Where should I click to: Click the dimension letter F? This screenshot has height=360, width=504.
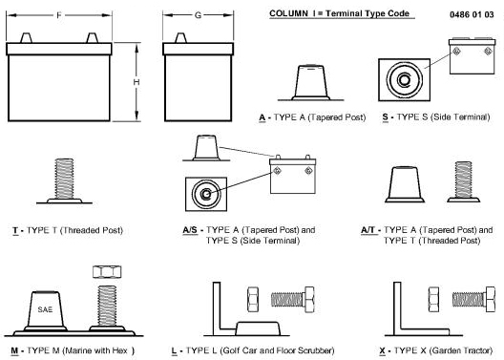tap(59, 15)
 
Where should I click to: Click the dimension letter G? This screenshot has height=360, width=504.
tap(198, 15)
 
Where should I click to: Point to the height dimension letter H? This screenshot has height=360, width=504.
tap(136, 82)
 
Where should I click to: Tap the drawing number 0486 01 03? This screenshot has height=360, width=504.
tap(472, 14)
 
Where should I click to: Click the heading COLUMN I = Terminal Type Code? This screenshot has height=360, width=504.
tap(339, 13)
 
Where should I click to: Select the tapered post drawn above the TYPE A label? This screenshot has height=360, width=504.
tap(310, 82)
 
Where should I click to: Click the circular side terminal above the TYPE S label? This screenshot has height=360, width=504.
tap(404, 79)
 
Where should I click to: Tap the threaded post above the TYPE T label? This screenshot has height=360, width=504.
tap(64, 180)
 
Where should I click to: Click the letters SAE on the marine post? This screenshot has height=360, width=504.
tap(45, 309)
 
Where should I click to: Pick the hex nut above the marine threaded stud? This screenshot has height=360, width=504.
tap(107, 272)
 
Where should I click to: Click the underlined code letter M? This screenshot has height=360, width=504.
tap(14, 350)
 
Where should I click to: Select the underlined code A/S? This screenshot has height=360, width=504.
tap(190, 230)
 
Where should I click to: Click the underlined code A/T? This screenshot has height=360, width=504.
tap(368, 230)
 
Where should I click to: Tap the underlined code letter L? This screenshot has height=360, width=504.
tap(174, 350)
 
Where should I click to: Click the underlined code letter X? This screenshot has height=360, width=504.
tap(382, 350)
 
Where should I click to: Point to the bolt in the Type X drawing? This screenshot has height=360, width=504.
tap(473, 299)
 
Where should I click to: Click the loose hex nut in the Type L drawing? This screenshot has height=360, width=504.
tap(253, 299)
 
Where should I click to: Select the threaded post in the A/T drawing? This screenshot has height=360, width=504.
tap(464, 181)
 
